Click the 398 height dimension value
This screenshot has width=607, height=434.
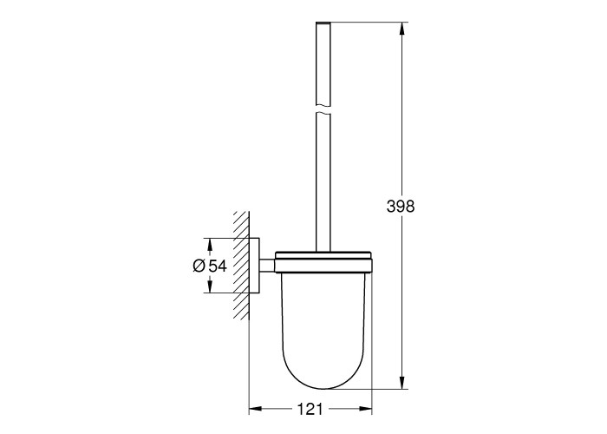click(x=401, y=207)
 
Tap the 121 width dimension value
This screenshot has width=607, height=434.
click(x=310, y=409)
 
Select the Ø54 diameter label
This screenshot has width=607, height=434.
click(x=210, y=266)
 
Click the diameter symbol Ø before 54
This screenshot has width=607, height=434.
click(x=199, y=266)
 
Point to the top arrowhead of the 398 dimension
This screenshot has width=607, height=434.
click(x=402, y=29)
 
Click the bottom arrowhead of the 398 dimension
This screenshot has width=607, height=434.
click(x=402, y=382)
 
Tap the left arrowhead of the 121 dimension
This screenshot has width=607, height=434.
click(x=255, y=409)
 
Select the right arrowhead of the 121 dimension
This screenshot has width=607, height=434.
click(x=365, y=409)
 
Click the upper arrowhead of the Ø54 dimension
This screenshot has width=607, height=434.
click(x=210, y=244)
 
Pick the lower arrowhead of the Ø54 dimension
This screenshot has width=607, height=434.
click(x=210, y=286)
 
